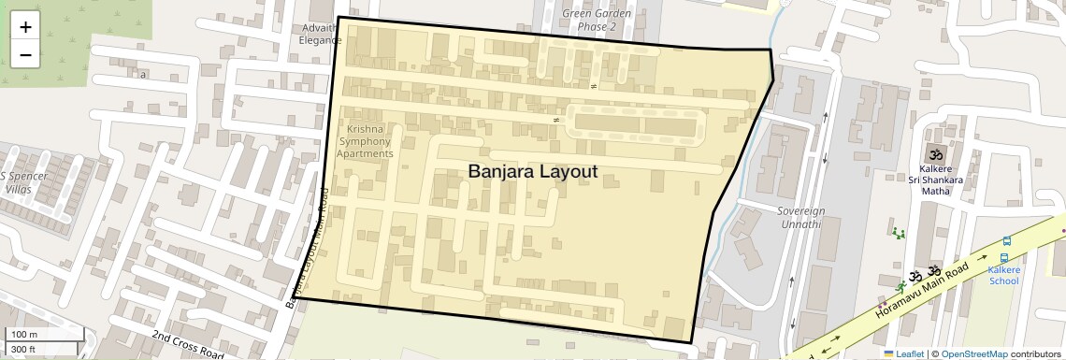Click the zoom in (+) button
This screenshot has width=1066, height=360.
tap(25, 28)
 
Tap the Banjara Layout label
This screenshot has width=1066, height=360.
tap(532, 171)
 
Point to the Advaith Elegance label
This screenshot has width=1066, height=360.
tap(321, 35)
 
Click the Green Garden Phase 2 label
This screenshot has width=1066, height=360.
tap(596, 20)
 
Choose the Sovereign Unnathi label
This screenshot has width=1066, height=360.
tap(799, 218)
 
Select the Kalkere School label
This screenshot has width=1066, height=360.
tap(1003, 275)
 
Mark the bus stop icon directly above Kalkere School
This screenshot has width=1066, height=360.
tap(1004, 258)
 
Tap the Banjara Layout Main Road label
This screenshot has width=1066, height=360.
tap(310, 251)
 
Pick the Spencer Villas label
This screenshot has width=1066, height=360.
tap(18, 182)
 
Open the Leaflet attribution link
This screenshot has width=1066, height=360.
tap(903, 353)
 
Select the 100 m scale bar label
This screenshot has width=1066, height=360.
tap(24, 334)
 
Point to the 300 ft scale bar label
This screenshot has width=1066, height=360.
tap(23, 350)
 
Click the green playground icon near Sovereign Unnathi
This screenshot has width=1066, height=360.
tap(899, 232)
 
